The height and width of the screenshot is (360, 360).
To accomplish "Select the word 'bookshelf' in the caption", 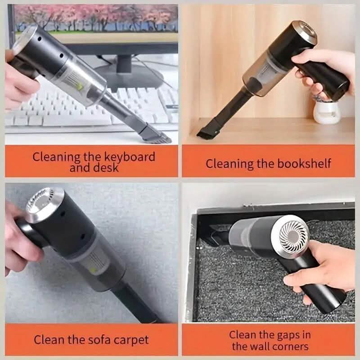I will coord(305,163).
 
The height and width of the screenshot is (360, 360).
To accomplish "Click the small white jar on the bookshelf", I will coord(326,112).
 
